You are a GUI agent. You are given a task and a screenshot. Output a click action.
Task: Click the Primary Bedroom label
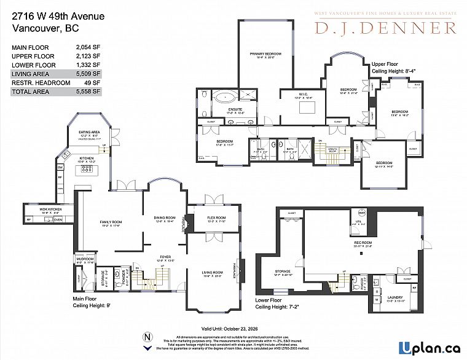click(265, 55)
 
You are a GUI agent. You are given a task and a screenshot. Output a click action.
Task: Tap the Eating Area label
click(89, 132)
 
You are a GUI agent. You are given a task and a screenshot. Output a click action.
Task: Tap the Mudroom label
click(85, 260)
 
